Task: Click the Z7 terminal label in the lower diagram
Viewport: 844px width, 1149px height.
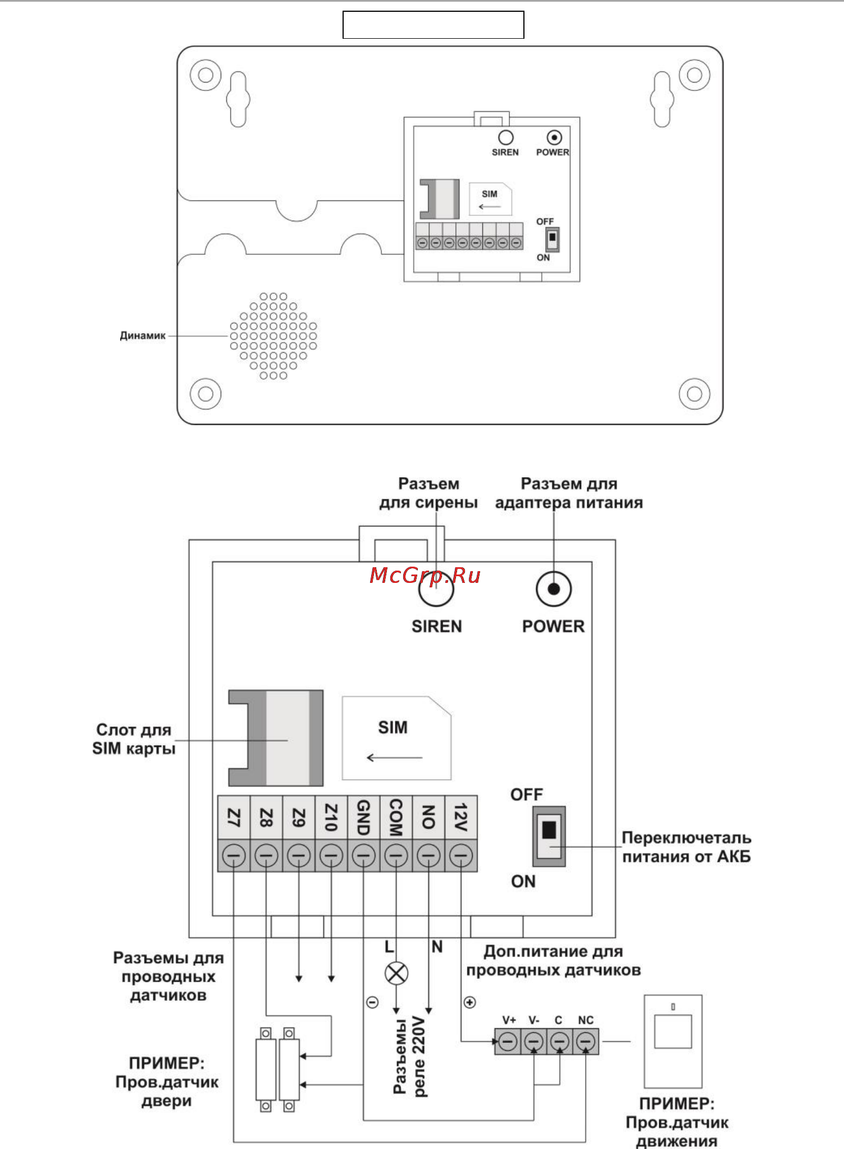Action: point(234,818)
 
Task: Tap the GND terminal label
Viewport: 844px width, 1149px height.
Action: point(364,818)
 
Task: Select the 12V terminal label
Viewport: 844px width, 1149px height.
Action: point(461,818)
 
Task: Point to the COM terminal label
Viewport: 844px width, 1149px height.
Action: point(396,818)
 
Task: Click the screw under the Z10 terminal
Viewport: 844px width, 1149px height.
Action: point(331,856)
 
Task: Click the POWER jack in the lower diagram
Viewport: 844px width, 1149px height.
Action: point(554,589)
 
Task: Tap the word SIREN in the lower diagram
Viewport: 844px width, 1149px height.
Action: point(437,626)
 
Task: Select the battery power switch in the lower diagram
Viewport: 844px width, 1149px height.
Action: point(549,836)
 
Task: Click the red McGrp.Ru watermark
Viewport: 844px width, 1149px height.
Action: point(425,576)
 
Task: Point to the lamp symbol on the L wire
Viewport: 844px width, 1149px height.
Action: point(396,973)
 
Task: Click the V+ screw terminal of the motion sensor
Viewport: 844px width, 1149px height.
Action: point(508,1042)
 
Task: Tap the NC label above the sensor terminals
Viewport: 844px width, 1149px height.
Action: point(586,1020)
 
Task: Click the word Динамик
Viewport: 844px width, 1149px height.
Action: point(143,336)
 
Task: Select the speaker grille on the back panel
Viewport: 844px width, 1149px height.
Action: point(273,336)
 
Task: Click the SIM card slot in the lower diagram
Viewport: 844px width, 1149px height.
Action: point(276,738)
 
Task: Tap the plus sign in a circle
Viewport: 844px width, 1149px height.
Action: point(470,1002)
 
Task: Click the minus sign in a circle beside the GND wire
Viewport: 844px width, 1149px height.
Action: point(373,1002)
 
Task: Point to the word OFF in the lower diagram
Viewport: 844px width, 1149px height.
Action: point(527,795)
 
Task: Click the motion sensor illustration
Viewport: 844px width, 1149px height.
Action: point(673,1041)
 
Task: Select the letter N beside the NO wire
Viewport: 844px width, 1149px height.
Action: point(437,947)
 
